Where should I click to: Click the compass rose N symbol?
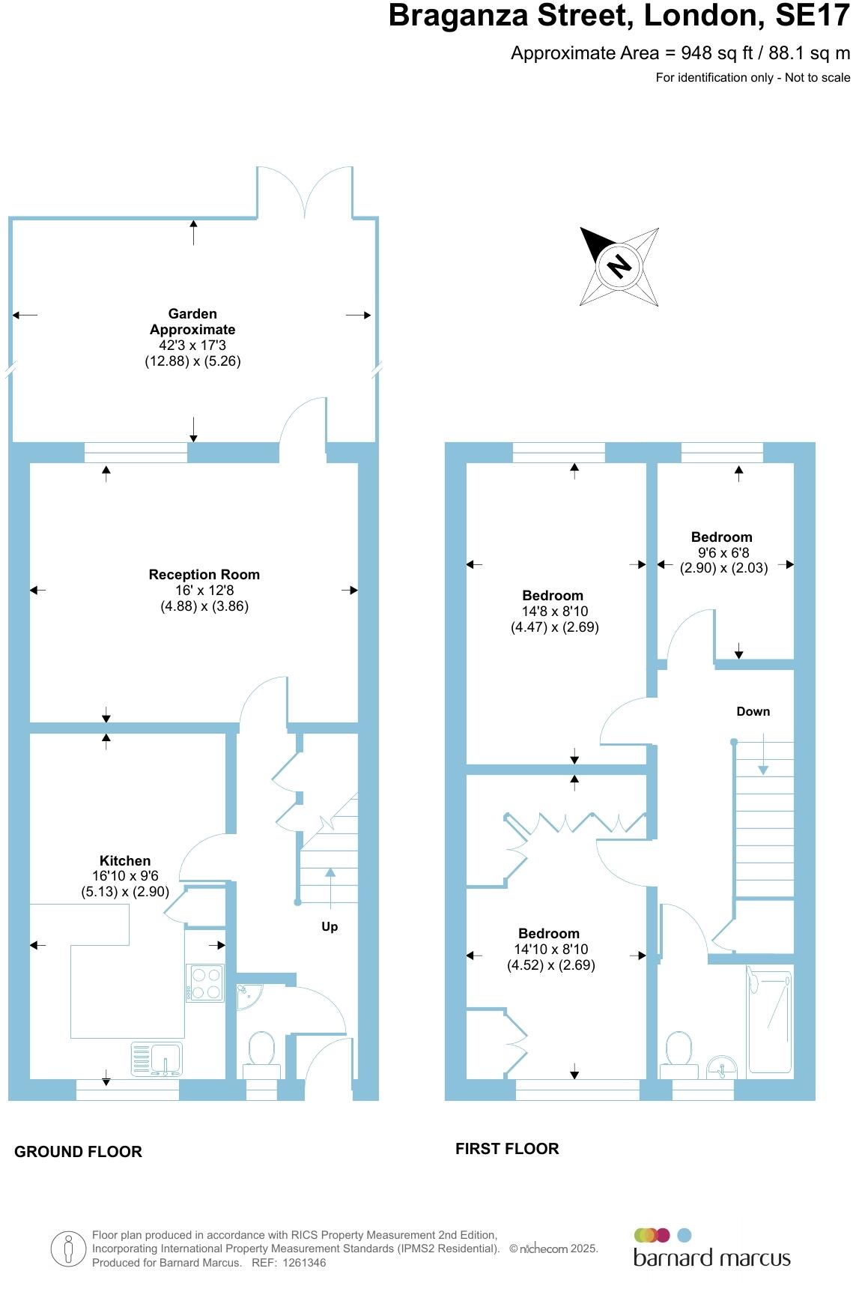[619, 266]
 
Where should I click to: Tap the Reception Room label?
[204, 575]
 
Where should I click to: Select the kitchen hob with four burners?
[205, 982]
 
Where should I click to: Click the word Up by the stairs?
[330, 927]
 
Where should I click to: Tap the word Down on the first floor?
[753, 711]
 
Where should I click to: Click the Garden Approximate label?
[192, 322]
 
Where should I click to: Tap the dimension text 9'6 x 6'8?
[723, 552]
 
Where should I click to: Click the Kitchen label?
[125, 860]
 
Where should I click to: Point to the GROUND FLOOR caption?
[78, 1152]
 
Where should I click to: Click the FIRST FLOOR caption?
[507, 1149]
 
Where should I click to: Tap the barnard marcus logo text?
[711, 1257]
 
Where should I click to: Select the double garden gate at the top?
[305, 193]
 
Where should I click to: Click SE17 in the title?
[812, 16]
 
